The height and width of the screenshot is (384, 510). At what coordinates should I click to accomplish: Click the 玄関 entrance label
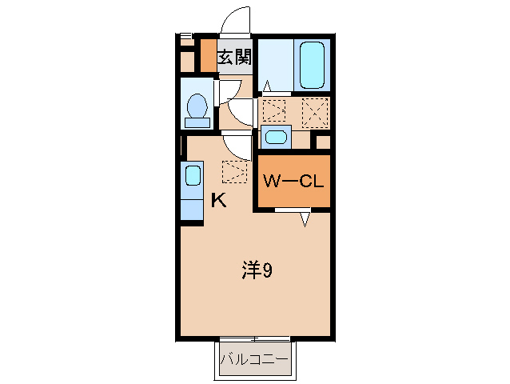236,57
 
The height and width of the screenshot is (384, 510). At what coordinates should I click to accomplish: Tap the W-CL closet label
293,182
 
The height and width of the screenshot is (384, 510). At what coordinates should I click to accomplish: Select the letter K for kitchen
218,201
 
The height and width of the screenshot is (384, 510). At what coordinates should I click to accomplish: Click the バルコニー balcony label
254,359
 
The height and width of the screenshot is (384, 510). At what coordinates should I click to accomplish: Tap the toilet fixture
197,108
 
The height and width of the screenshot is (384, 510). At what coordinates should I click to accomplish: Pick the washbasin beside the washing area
276,137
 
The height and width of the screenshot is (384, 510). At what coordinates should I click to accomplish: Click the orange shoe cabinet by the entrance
207,56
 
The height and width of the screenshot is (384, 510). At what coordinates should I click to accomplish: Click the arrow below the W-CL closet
305,218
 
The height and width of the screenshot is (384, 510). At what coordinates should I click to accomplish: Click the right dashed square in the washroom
316,110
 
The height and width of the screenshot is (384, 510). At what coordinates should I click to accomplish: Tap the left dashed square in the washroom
274,110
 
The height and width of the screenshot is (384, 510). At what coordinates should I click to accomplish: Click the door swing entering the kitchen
237,145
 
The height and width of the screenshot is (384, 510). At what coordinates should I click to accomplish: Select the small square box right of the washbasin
323,142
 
